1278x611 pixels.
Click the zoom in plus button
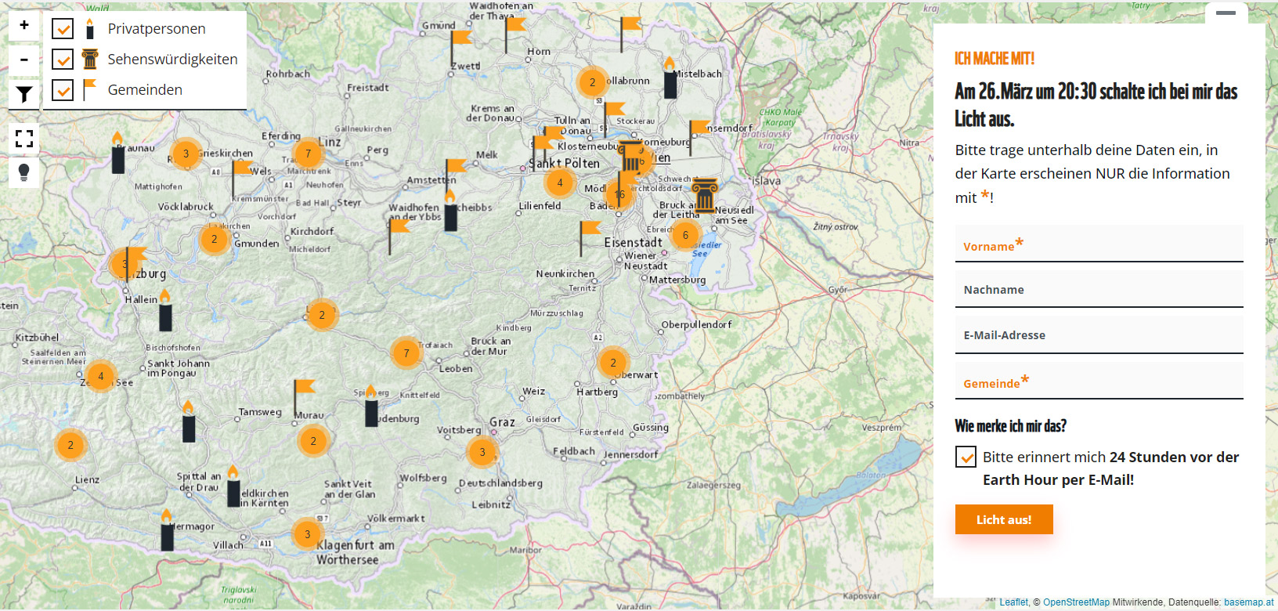24,25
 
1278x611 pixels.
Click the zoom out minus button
24,60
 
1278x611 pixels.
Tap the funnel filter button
24,95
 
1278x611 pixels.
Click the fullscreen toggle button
24,139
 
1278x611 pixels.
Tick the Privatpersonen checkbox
63,29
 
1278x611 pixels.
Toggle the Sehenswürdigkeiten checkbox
63,60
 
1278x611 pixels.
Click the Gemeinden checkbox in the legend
63,90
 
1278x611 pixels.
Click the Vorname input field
1099,244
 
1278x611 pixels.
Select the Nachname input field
1099,290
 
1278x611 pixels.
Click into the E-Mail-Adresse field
1099,335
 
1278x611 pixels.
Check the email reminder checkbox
966,457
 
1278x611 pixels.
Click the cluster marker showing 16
620,194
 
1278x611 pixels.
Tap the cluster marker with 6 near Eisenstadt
685,235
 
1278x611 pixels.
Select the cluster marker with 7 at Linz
308,154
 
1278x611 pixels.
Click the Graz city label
502,422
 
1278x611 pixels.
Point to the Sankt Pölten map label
565,164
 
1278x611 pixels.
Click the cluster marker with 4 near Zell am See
100,377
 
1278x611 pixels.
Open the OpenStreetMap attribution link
1076,602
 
